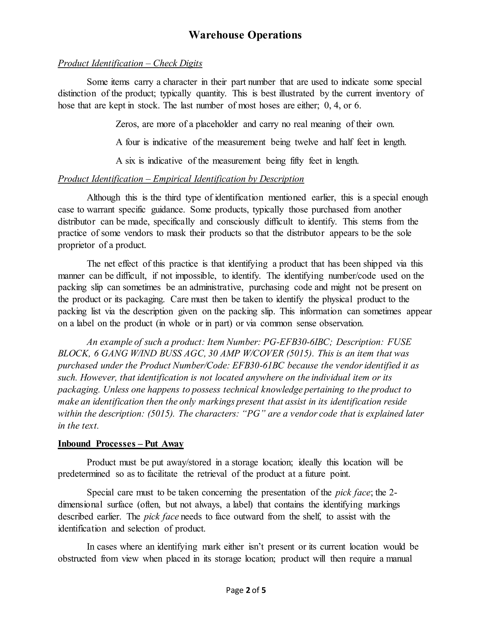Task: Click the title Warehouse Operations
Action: coord(245,35)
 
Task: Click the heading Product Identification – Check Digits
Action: coord(130,63)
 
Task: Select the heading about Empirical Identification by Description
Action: coord(181,179)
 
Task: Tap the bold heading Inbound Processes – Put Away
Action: coord(120,444)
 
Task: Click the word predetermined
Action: coord(84,474)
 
